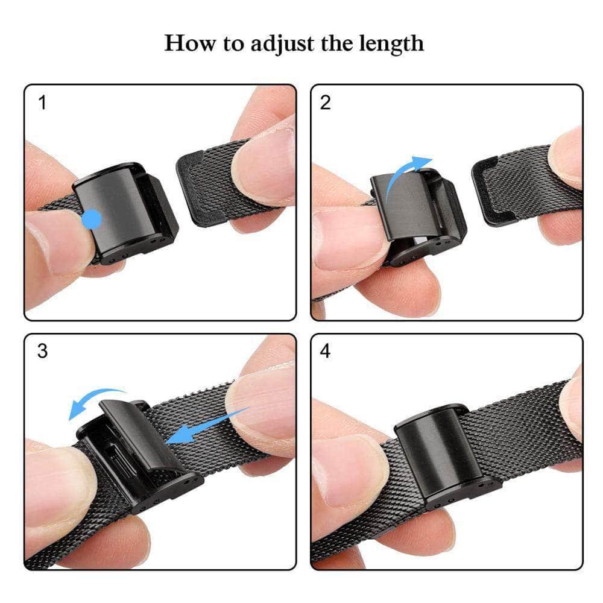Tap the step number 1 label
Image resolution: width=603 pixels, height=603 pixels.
click(42, 103)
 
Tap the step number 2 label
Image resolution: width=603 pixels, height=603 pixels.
click(325, 103)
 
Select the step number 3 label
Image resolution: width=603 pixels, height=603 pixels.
click(42, 352)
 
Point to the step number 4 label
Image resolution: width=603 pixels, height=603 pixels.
click(325, 352)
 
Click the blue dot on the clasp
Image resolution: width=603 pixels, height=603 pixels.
click(91, 219)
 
